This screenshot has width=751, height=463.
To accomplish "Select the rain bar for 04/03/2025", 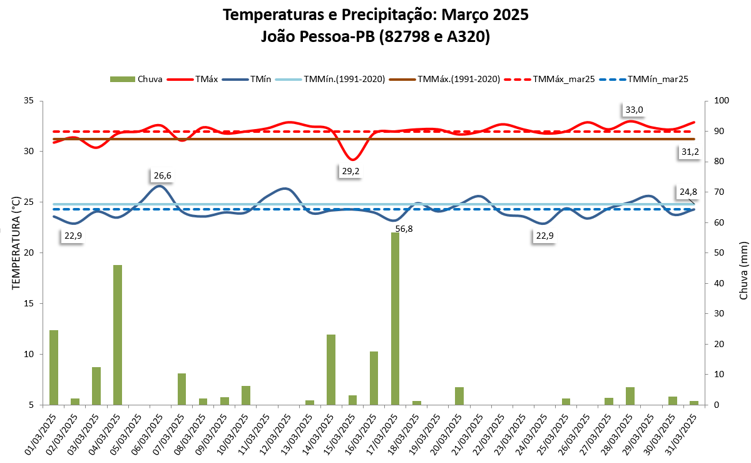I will pyautogui.click(x=118, y=335).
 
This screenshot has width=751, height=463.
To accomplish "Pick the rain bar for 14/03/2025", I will pyautogui.click(x=331, y=370).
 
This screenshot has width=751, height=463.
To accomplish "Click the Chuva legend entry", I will pyautogui.click(x=136, y=79).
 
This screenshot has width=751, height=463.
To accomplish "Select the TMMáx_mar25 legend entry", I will pyautogui.click(x=554, y=79).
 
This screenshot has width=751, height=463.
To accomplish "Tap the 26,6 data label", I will pyautogui.click(x=161, y=175).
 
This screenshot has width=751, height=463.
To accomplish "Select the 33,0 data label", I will pyautogui.click(x=634, y=110).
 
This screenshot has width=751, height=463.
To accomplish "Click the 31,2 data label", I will pyautogui.click(x=690, y=152).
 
